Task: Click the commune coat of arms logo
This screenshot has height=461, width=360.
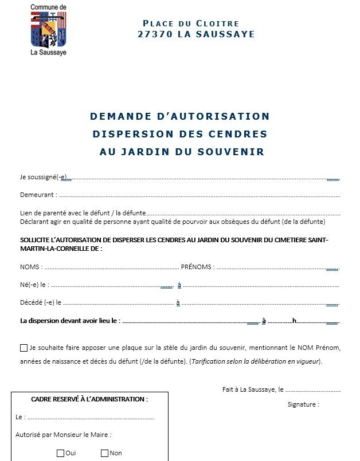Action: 49,31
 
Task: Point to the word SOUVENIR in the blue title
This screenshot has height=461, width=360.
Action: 236,152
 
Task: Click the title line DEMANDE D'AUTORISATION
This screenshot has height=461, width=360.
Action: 179,116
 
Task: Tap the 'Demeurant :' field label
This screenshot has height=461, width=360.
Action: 38,195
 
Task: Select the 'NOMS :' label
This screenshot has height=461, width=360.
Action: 32,267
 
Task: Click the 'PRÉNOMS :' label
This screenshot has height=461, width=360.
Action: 198,267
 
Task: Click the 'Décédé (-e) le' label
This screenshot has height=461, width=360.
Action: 41,302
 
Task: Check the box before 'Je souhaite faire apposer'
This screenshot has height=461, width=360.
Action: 24,348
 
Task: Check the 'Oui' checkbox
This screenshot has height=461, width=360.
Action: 61,454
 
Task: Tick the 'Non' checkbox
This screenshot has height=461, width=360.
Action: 104,454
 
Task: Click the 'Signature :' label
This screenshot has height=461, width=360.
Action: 303,404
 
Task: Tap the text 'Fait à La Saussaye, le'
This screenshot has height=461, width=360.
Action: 253,389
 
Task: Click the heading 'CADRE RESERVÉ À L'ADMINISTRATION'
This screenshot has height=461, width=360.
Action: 89,399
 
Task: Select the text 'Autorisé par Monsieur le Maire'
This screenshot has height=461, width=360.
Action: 63,435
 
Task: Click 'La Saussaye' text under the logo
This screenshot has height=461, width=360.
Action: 49,55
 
